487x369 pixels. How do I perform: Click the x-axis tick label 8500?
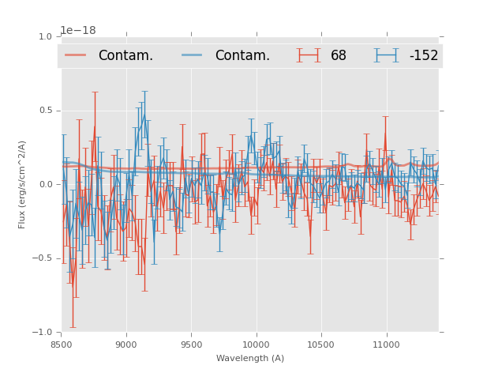62,344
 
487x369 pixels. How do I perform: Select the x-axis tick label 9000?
126,344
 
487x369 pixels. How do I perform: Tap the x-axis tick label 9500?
191,344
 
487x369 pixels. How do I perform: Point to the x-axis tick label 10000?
256,344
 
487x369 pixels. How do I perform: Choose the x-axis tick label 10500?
320,344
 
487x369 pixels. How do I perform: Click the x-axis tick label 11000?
386,344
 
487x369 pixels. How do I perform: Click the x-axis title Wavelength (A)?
250,358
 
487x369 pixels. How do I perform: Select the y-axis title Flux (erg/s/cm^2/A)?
22,184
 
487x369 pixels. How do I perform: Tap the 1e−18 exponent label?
78,31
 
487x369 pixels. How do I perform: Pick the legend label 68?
339,55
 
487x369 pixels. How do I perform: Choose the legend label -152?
423,55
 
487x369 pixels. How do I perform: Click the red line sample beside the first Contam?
77,55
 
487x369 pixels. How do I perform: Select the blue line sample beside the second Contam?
193,55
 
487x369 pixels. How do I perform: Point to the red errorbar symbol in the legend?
309,55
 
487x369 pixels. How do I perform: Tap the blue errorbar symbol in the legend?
387,55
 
